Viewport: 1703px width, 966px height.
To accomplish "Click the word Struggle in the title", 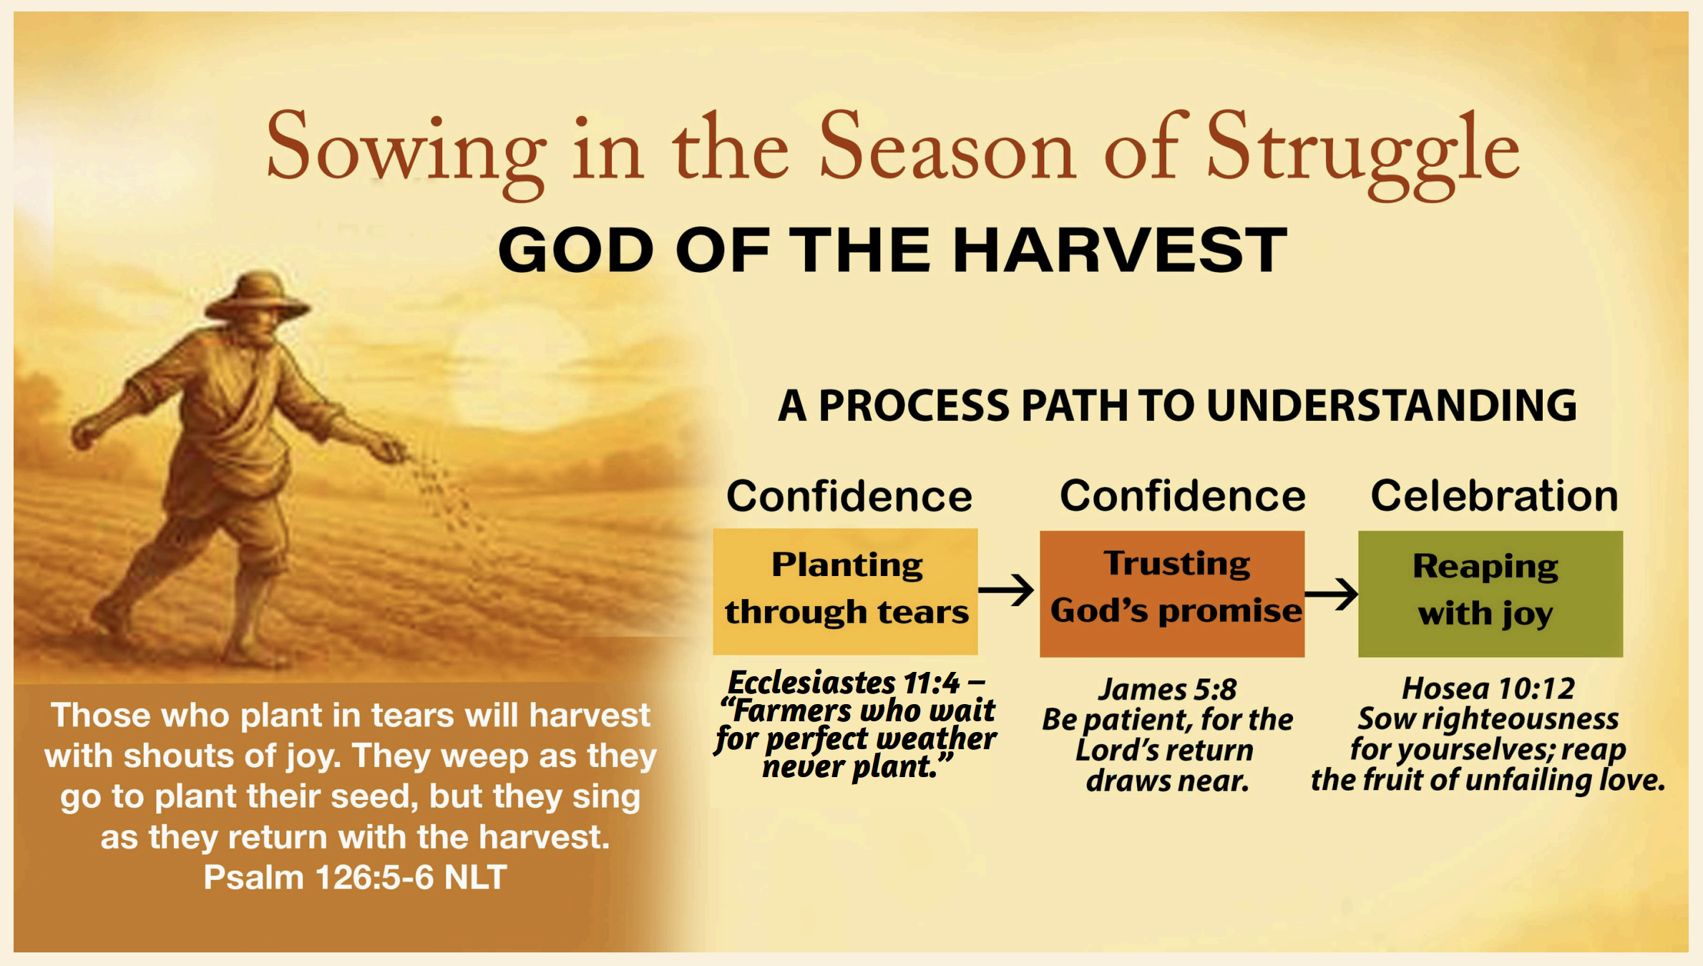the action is (x=1363, y=153).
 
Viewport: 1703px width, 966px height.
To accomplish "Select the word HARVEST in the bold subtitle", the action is (x=1120, y=250).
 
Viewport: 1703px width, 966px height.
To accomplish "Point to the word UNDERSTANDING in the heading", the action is (x=1392, y=406).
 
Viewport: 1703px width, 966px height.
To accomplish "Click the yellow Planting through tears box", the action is (x=845, y=591).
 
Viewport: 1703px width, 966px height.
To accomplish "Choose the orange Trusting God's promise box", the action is (x=1172, y=593).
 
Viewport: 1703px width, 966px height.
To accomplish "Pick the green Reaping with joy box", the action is (x=1490, y=593).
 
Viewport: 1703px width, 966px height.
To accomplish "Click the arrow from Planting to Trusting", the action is (x=1006, y=590).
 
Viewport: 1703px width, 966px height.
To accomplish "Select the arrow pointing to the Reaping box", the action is (x=1332, y=593).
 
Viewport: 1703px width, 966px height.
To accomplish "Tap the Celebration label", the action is (x=1494, y=496).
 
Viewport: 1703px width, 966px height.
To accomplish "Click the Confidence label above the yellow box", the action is (x=849, y=496).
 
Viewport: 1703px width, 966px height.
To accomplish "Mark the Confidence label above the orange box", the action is (x=1183, y=496).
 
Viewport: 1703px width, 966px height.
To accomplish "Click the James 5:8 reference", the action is (x=1168, y=689).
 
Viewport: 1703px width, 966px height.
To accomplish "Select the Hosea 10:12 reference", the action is (x=1488, y=688).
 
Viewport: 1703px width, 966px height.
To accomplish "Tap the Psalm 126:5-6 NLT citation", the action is (x=355, y=877).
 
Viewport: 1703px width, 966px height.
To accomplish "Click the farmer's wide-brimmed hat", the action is (x=258, y=296).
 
